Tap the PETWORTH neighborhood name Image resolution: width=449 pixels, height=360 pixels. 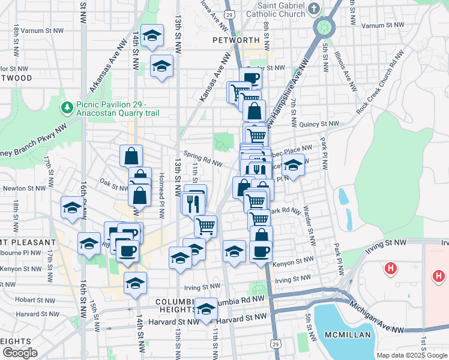point(235,40)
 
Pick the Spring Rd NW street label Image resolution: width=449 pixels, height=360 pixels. point(203,160)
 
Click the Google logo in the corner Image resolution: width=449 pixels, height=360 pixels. point(20,353)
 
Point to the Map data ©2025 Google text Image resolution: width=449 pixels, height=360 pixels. point(411,355)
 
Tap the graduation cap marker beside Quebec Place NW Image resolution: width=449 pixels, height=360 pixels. point(294,165)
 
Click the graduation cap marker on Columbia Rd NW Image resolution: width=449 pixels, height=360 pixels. point(206,308)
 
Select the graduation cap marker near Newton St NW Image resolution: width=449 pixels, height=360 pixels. point(72,208)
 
